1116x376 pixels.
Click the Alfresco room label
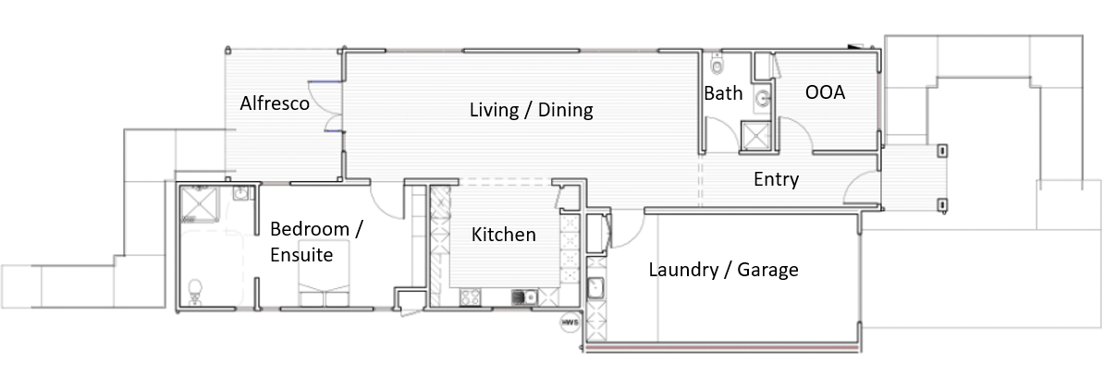coord(275,103)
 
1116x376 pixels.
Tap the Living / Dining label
coord(531,110)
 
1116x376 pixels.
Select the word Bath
coord(723,93)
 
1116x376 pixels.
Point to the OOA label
coord(825,92)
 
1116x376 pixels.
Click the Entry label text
coord(777,179)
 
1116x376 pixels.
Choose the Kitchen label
coord(503,235)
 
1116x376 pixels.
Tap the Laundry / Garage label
coord(723,270)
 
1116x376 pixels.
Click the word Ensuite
coord(301,255)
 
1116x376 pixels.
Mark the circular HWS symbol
coord(570,322)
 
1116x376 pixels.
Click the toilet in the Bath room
coord(717,64)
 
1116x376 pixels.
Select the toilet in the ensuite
coord(195,292)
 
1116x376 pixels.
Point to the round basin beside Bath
coord(763,99)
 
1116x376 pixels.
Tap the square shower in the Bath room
coord(755,135)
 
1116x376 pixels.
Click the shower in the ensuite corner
coord(199,203)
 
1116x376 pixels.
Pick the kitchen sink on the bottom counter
coord(524,297)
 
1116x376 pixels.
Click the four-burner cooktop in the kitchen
coord(470,297)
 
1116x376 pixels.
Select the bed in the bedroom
coord(324,273)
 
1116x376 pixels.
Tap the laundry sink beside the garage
coord(595,288)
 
